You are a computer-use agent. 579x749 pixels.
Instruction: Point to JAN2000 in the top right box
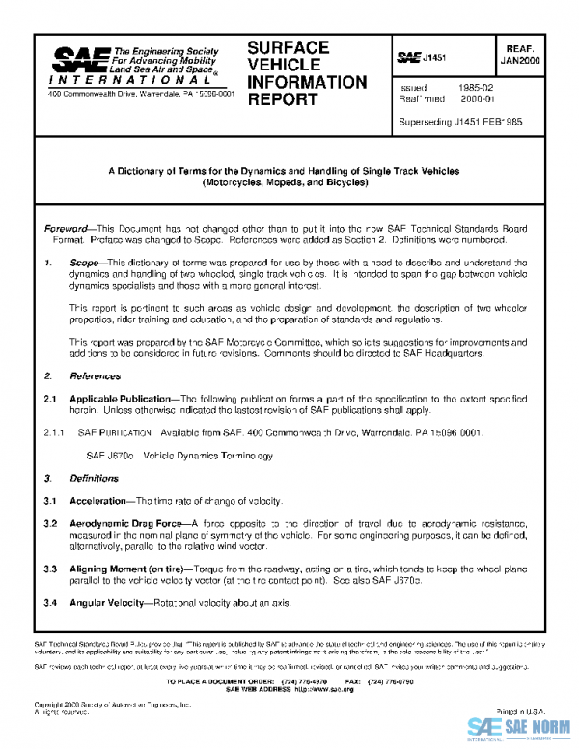pyautogui.click(x=520, y=59)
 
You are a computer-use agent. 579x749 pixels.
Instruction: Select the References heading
pyautogui.click(x=96, y=374)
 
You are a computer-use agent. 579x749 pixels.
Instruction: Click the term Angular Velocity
pyautogui.click(x=105, y=603)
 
